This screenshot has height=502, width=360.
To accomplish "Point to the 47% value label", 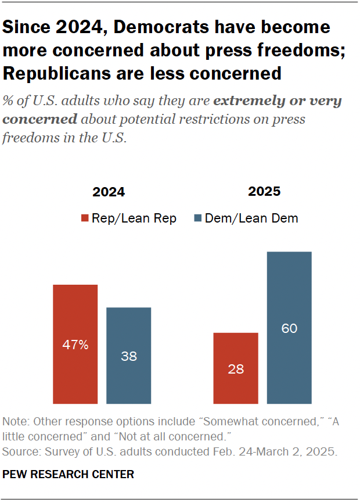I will click(x=75, y=345).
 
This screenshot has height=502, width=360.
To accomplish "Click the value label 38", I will click(x=128, y=356).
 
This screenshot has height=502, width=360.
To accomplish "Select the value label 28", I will click(x=236, y=368).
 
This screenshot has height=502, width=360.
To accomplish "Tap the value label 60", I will click(x=289, y=329).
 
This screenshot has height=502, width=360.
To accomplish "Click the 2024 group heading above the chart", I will click(x=108, y=192).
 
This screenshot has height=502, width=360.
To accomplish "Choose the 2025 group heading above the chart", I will click(x=264, y=192).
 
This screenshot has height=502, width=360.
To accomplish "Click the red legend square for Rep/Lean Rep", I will click(x=85, y=218).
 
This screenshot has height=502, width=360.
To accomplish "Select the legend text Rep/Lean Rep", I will click(x=134, y=218).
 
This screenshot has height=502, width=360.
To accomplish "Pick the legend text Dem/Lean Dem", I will click(x=251, y=218).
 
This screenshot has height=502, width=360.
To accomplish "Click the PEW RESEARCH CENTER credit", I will click(x=69, y=475).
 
